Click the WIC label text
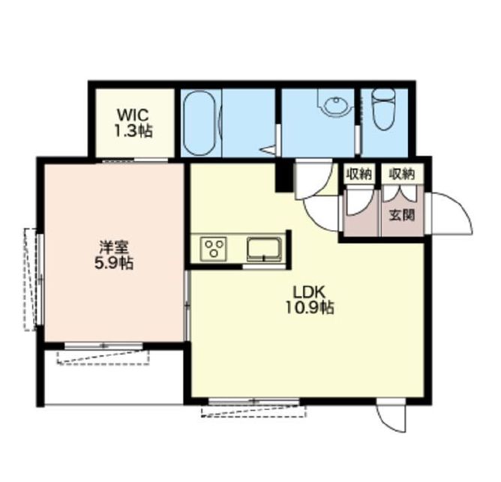pos(133,115)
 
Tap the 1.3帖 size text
pos(133,131)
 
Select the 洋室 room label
pos(114,247)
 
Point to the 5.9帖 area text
pos(114,264)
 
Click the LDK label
pos(309,292)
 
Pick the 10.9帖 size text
pos(309,308)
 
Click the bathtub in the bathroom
pos(200,123)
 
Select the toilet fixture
pos(384,109)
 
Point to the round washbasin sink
pos(336,103)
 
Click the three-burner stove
pos(214,249)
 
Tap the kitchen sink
pos(264,250)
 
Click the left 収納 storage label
pos(359,175)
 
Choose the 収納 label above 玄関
pos(402,175)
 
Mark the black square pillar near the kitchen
pos(283,178)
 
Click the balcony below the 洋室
pos(114,377)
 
